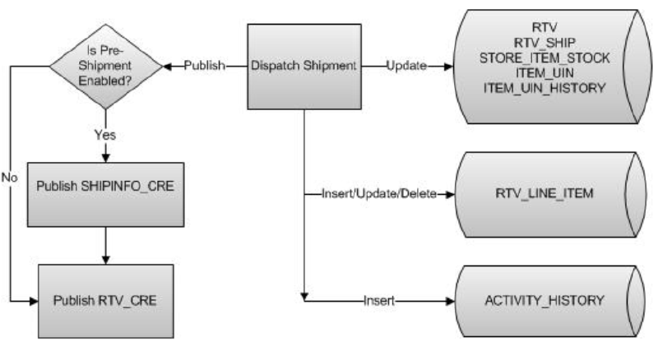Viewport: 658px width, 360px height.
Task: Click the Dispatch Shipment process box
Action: [305, 66]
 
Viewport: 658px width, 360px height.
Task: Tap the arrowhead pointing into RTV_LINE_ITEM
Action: [447, 195]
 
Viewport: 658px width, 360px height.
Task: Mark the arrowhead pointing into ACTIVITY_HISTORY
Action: [447, 300]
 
